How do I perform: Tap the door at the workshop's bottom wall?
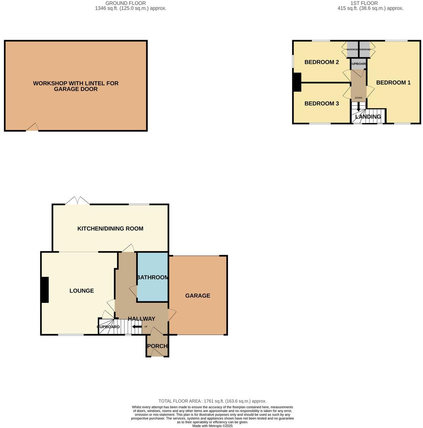pos(32,127)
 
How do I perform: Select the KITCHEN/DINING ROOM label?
pos(110,229)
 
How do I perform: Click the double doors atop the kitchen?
pos(77,201)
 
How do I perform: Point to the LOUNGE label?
pos(82,291)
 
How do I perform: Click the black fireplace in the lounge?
pos(45,290)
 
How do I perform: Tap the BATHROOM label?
pos(153,277)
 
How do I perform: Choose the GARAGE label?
pos(198,296)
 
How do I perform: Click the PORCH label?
pos(157,346)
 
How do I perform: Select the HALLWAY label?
pos(142,319)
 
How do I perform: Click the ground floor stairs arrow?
pos(137,326)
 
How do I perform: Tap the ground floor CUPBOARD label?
pos(108,327)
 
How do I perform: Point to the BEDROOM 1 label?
pos(393,82)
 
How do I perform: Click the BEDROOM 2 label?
pos(321,62)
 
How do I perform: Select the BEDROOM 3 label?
pos(321,103)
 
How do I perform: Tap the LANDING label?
pos(368,117)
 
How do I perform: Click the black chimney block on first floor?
pos(297,82)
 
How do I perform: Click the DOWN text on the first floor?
pos(358,98)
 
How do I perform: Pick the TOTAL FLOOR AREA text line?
pos(212,401)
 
